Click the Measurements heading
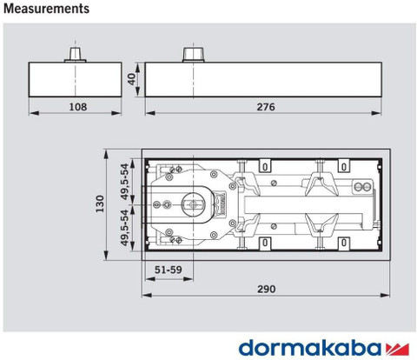coord(46,9)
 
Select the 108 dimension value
coord(78,107)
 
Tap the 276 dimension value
coord(266,107)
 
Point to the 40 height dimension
coord(132,79)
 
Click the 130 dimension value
coord(100,204)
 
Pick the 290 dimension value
coord(267,289)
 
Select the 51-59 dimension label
coord(169,270)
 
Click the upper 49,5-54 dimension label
coord(124,182)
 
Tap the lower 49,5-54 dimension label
coord(124,228)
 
